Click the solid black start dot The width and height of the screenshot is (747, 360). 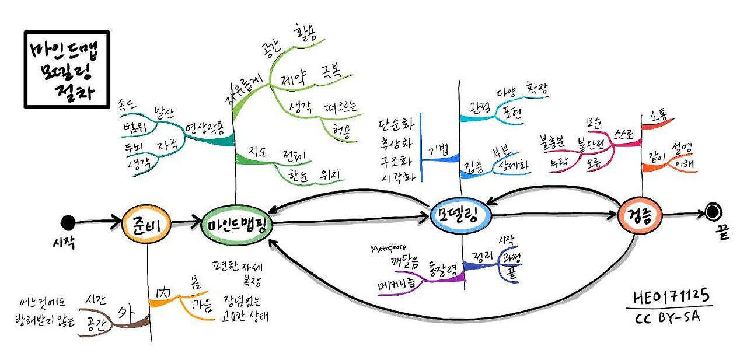pyautogui.click(x=68, y=222)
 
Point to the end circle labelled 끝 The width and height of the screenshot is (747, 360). pyautogui.click(x=713, y=212)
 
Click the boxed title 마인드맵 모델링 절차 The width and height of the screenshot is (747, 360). pyautogui.click(x=67, y=69)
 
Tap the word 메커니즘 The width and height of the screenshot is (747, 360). pyautogui.click(x=396, y=284)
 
